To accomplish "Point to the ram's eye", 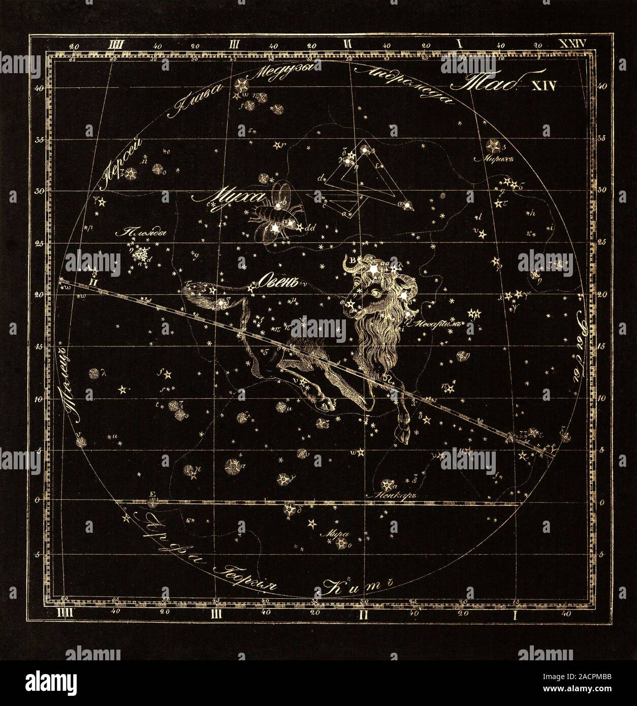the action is coord(375,293).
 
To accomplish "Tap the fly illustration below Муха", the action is coord(276,213).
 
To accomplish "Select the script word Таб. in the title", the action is coord(492,84).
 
